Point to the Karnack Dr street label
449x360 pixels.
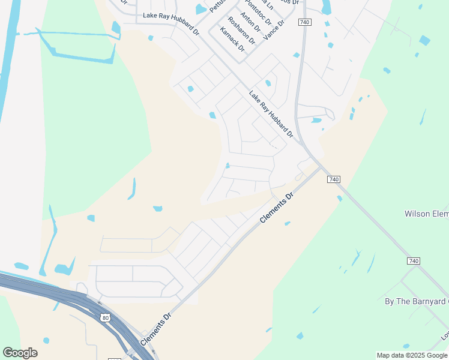[x=232, y=39]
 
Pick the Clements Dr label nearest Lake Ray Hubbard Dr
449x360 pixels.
[x=277, y=208]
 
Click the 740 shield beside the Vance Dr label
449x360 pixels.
[x=304, y=22]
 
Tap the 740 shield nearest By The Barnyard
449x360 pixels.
[x=413, y=261]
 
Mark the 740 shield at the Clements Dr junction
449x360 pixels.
[x=334, y=179]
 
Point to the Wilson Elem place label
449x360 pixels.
[x=426, y=214]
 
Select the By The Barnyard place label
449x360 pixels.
[x=416, y=301]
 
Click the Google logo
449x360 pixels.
[x=20, y=353]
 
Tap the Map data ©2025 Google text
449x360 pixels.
[x=412, y=355]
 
